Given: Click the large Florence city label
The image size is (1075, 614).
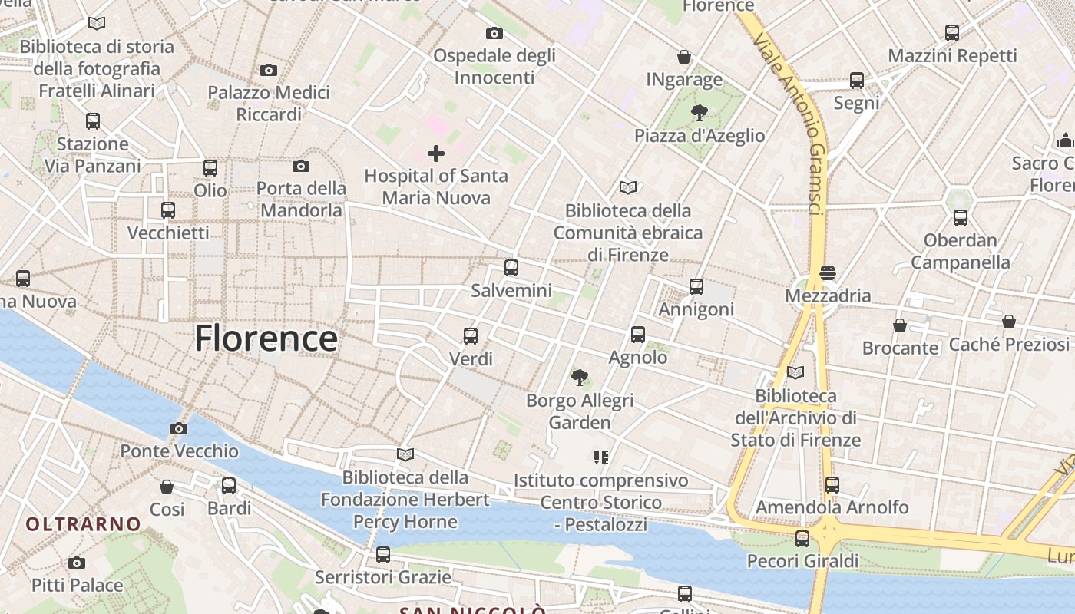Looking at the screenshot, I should [x=266, y=338].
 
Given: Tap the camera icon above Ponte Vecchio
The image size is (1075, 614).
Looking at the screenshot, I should [x=179, y=428].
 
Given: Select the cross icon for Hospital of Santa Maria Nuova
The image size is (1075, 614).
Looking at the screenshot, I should [x=436, y=153].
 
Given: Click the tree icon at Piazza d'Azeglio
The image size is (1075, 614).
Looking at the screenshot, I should [x=699, y=114].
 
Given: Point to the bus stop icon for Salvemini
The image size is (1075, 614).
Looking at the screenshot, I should [x=511, y=268].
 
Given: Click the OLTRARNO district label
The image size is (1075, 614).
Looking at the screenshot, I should [x=84, y=524].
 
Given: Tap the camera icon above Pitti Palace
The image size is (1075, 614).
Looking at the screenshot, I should [x=76, y=563].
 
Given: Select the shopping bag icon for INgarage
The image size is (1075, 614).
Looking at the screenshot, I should [x=683, y=58].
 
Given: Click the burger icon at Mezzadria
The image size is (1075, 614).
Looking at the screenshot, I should [x=827, y=273].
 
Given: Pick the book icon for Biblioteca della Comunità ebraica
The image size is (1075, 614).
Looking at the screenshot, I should [x=628, y=187].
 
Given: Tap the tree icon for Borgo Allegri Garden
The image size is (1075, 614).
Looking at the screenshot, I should [x=580, y=377].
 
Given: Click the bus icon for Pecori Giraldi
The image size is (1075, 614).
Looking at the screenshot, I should [x=802, y=538].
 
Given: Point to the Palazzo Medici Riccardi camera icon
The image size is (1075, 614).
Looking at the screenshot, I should [x=268, y=70].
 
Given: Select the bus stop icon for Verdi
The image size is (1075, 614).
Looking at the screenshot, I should [x=471, y=335].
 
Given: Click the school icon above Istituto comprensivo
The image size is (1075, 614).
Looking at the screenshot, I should [x=600, y=457].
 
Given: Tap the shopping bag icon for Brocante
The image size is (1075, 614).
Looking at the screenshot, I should [x=900, y=325].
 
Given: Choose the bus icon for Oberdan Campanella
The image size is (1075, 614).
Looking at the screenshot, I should [x=960, y=217].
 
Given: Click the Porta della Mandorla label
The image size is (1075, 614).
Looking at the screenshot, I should [x=300, y=199].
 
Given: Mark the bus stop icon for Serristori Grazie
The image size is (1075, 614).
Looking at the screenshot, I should [x=382, y=554].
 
